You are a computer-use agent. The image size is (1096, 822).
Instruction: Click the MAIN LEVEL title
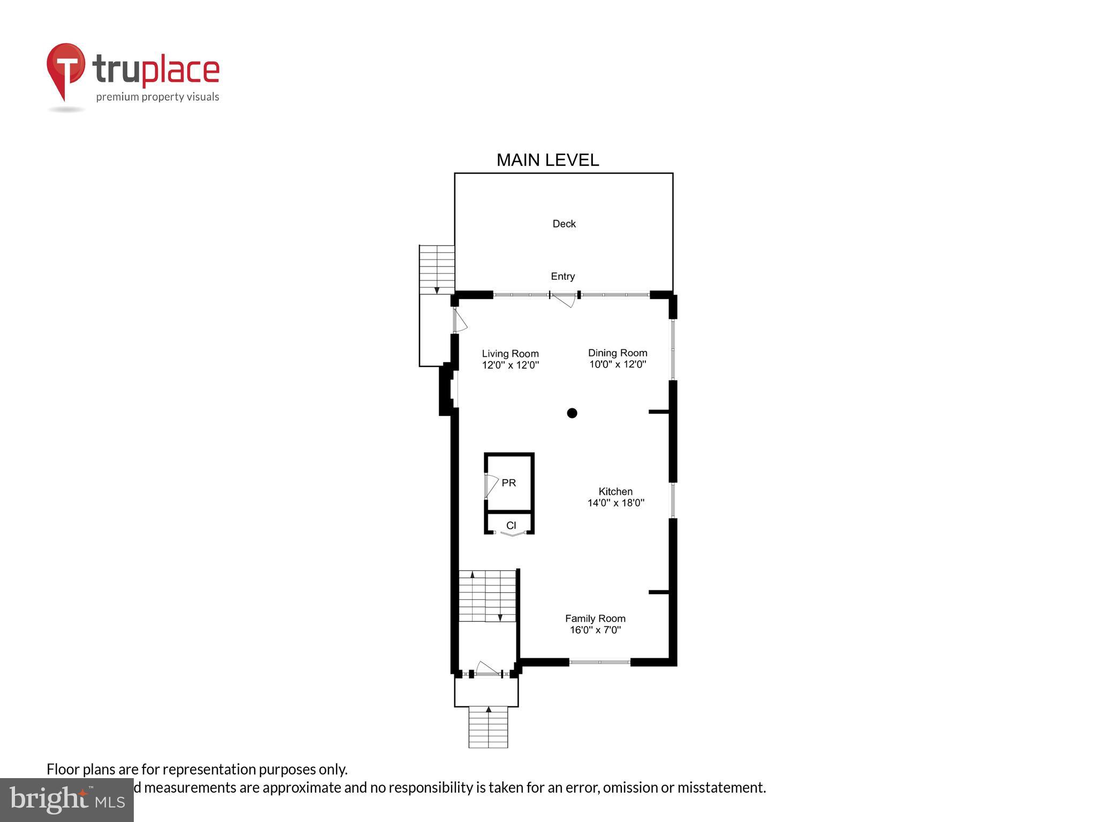[x=547, y=160]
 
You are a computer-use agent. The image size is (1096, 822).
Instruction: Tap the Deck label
[x=564, y=224]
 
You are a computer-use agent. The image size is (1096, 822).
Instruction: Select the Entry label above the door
[x=562, y=276]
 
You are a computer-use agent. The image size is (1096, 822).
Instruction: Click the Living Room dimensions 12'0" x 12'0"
[x=510, y=366]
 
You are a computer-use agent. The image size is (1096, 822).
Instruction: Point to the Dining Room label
[x=618, y=353]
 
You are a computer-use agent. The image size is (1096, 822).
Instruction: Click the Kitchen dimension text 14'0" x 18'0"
[x=615, y=503]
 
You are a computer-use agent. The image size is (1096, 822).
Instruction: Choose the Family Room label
[x=595, y=618]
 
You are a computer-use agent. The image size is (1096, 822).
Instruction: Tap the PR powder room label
[x=508, y=483]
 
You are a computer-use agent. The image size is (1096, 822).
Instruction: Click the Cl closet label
[x=511, y=526]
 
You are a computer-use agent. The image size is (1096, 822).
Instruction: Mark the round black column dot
[x=572, y=413]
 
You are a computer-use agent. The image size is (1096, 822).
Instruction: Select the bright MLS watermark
[x=66, y=800]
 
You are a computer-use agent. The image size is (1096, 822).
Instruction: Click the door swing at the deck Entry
[x=565, y=301]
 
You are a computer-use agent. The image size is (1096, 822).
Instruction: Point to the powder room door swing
[x=491, y=484]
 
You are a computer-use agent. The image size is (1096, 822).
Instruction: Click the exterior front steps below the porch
[x=488, y=727]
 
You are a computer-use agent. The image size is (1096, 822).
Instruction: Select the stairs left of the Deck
[x=437, y=269]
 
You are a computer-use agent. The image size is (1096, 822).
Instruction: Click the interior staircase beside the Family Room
[x=487, y=596]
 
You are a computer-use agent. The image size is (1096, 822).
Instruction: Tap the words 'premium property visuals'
[x=157, y=97]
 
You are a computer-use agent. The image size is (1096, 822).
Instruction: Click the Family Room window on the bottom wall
[x=599, y=662]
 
